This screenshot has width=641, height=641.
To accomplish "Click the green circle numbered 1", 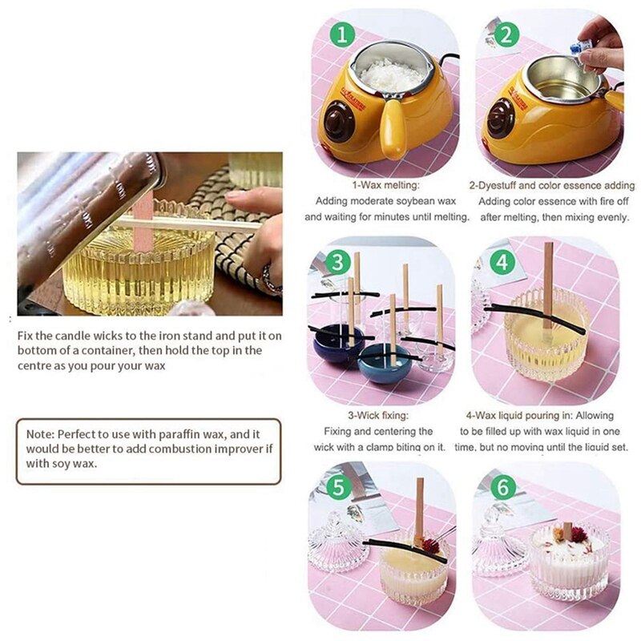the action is click(342, 34).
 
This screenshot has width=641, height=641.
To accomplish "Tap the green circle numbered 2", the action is click(506, 34).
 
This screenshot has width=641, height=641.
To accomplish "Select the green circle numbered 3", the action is click(337, 263).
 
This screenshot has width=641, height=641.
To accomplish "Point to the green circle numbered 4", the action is click(502, 263).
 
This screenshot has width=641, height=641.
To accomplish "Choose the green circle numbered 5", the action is click(339, 487).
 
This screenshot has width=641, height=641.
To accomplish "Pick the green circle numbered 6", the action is click(503, 487).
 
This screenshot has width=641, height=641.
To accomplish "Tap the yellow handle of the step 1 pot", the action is click(393, 127).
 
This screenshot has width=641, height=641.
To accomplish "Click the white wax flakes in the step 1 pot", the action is click(392, 75).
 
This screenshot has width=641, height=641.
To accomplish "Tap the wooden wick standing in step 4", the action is click(548, 285).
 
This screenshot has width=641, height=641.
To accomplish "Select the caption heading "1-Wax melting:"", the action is click(386, 185).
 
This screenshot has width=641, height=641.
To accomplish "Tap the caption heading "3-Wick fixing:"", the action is click(378, 415).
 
